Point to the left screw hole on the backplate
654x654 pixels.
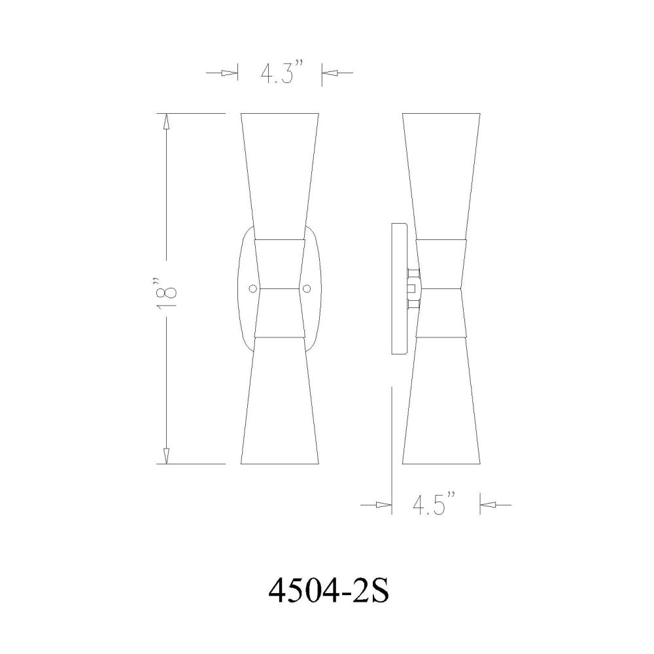point(252,288)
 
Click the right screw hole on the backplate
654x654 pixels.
point(307,288)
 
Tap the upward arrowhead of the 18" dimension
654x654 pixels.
point(166,122)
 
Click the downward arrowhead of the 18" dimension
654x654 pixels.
point(166,455)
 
